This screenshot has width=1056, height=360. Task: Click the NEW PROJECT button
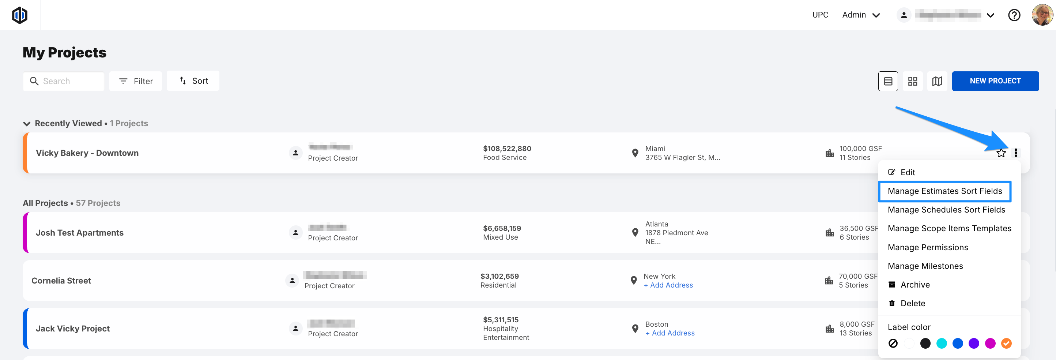pos(995,81)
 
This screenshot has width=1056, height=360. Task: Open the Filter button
pos(136,81)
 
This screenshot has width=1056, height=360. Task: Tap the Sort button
pos(193,81)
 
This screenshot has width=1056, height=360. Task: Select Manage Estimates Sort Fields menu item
pos(944,191)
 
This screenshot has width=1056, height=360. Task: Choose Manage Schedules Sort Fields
pos(946,210)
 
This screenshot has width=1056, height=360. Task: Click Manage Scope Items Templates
pos(949,228)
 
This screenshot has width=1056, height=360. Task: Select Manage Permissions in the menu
pos(928,247)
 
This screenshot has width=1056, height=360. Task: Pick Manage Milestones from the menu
pos(925,266)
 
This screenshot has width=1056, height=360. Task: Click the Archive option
pos(914,285)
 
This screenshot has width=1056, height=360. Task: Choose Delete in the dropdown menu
pos(913,303)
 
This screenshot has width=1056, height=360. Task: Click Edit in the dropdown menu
pos(907,172)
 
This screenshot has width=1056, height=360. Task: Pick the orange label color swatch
pos(1006,343)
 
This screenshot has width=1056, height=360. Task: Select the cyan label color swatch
pos(942,343)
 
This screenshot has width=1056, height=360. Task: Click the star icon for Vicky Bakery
pos(1001,153)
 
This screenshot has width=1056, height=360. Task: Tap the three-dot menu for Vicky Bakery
pos(1015,153)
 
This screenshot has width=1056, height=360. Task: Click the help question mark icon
pos(1014,15)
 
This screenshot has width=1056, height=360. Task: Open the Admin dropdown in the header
pos(861,15)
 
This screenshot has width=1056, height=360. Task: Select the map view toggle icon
pos(937,81)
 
